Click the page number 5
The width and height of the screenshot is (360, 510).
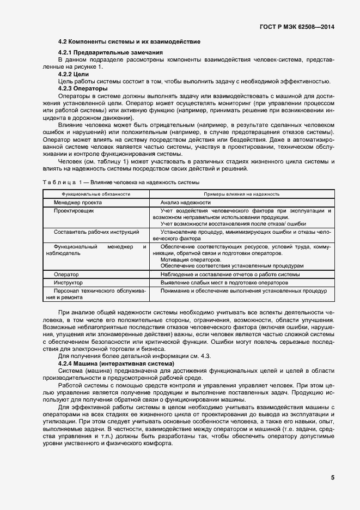click(x=332, y=478)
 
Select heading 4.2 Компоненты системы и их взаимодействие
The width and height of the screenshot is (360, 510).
click(x=129, y=41)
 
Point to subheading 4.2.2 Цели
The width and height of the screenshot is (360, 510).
click(x=73, y=73)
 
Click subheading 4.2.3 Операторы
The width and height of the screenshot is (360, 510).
click(x=82, y=88)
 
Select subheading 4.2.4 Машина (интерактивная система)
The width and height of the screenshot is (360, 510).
click(x=115, y=362)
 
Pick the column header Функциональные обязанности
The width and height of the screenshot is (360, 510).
click(x=96, y=193)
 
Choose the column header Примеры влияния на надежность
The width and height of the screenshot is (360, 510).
click(x=241, y=193)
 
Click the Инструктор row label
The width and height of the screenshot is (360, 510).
click(x=68, y=283)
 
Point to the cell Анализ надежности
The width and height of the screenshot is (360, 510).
click(x=190, y=202)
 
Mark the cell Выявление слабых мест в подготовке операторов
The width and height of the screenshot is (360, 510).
click(x=224, y=283)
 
